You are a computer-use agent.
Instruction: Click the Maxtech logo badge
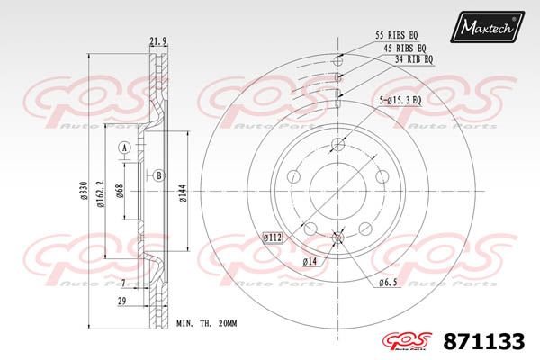(487, 27)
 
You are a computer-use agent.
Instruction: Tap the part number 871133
(484, 341)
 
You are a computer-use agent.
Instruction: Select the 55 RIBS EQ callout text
(396, 35)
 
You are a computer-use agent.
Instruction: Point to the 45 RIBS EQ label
(405, 49)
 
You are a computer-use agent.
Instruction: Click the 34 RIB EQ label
(414, 59)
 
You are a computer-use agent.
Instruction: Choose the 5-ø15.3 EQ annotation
(400, 101)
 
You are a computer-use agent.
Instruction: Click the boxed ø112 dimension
(273, 238)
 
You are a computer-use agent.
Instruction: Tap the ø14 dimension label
(310, 262)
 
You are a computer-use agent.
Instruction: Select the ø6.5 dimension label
(388, 283)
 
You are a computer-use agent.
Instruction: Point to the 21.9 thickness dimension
(158, 41)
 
